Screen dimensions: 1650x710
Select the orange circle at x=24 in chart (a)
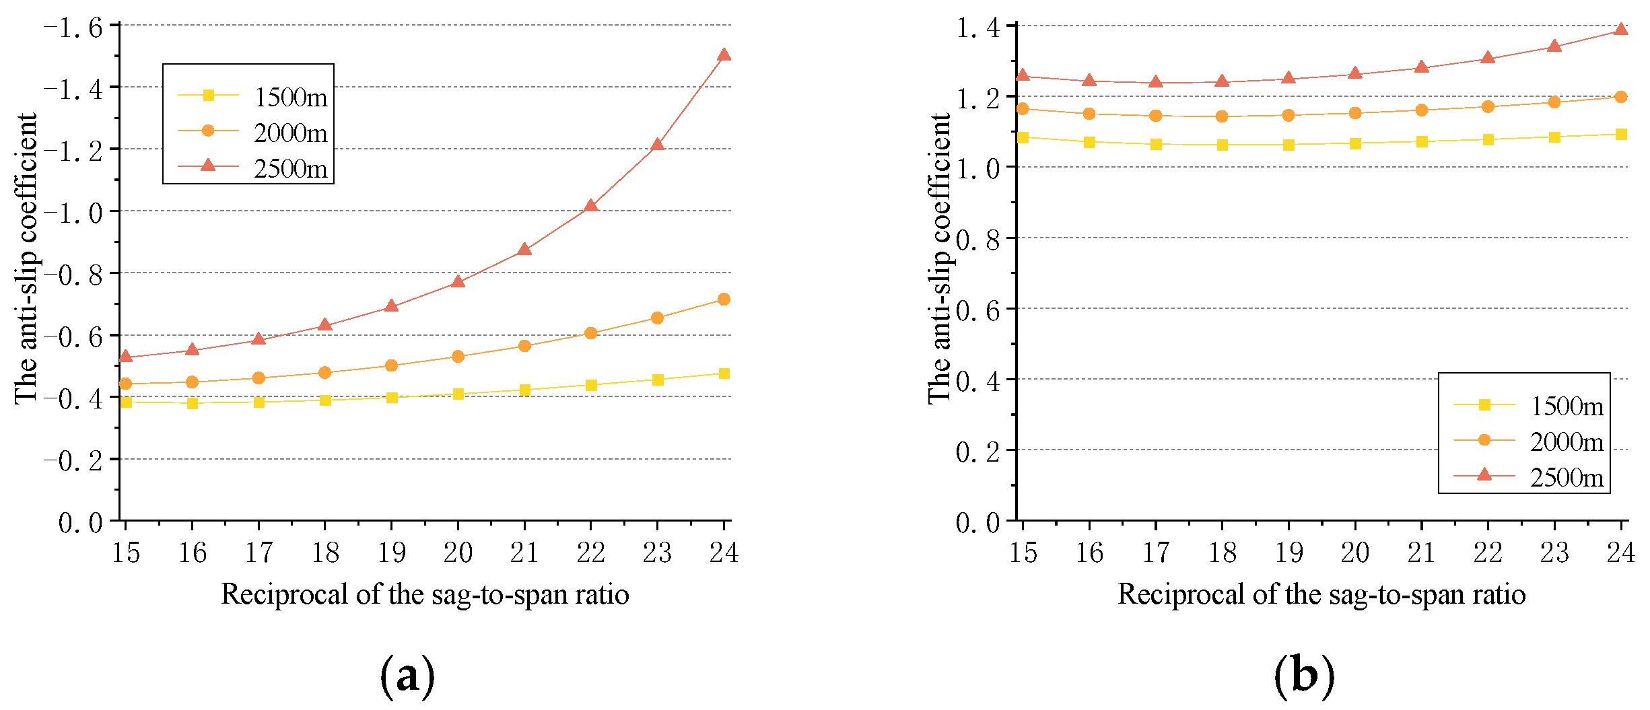(724, 299)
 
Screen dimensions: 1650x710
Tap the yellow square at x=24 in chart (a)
(724, 374)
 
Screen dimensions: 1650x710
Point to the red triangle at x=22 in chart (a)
(590, 206)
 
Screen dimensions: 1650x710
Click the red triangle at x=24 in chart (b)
(1620, 30)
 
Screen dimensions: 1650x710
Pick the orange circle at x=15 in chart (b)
(1023, 108)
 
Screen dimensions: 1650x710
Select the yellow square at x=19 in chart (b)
(1288, 145)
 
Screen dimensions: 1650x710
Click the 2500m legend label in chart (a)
(291, 168)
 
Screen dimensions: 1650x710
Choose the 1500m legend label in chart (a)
(291, 98)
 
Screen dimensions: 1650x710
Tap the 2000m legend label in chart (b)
(1567, 441)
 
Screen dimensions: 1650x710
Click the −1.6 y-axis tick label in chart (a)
(73, 28)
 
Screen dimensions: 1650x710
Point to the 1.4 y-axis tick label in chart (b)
(978, 28)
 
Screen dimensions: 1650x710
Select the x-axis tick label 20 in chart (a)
(458, 553)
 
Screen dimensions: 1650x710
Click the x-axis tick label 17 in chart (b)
(1156, 553)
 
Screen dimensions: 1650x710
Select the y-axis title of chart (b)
(940, 259)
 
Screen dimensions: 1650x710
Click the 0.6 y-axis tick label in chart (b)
(978, 312)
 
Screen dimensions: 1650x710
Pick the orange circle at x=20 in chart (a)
(458, 356)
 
